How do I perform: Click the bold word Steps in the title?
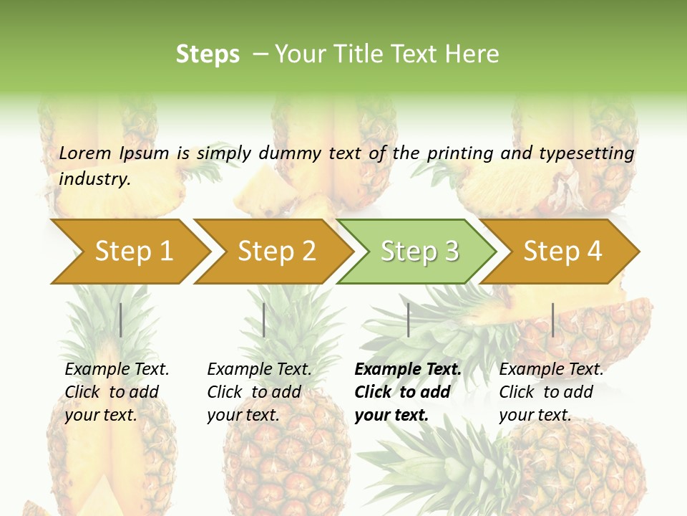208,54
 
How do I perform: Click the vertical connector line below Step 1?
121,320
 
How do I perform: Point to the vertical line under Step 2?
264,320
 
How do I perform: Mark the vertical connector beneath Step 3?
409,320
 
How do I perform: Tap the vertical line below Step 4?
552,320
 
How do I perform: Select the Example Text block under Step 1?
117,392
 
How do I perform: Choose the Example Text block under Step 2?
259,392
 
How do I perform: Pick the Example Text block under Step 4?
551,392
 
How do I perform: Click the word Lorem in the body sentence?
85,153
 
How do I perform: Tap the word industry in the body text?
94,179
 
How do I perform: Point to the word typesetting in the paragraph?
586,153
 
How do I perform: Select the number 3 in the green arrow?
451,252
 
